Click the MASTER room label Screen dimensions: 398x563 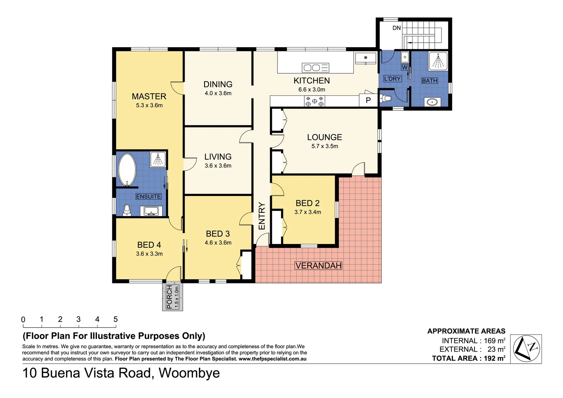pos(149,96)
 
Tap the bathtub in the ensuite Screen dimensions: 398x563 pos(127,170)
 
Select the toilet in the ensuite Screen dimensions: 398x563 pos(127,210)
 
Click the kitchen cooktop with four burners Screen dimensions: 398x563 pos(314,101)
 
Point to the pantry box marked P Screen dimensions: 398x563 pos(368,101)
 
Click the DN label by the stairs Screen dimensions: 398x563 pos(396,28)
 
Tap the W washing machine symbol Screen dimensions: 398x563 pos(405,67)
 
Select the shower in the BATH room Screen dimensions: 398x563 pos(438,61)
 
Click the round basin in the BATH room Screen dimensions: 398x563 pos(431,101)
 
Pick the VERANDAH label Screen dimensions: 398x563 pos(318,265)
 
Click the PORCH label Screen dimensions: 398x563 pos(169,297)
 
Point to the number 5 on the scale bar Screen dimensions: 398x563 pos(115,319)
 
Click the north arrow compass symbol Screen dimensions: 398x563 pos(526,349)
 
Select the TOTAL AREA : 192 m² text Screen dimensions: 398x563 pos(468,358)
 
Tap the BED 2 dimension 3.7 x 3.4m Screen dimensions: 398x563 pos(308,212)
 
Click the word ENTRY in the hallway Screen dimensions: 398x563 pos(262,216)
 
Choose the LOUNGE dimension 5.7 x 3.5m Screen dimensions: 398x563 pos(325,146)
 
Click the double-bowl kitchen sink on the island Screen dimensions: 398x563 pos(315,67)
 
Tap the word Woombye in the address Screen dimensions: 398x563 pos(189,373)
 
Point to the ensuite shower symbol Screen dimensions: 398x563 pos(158,160)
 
